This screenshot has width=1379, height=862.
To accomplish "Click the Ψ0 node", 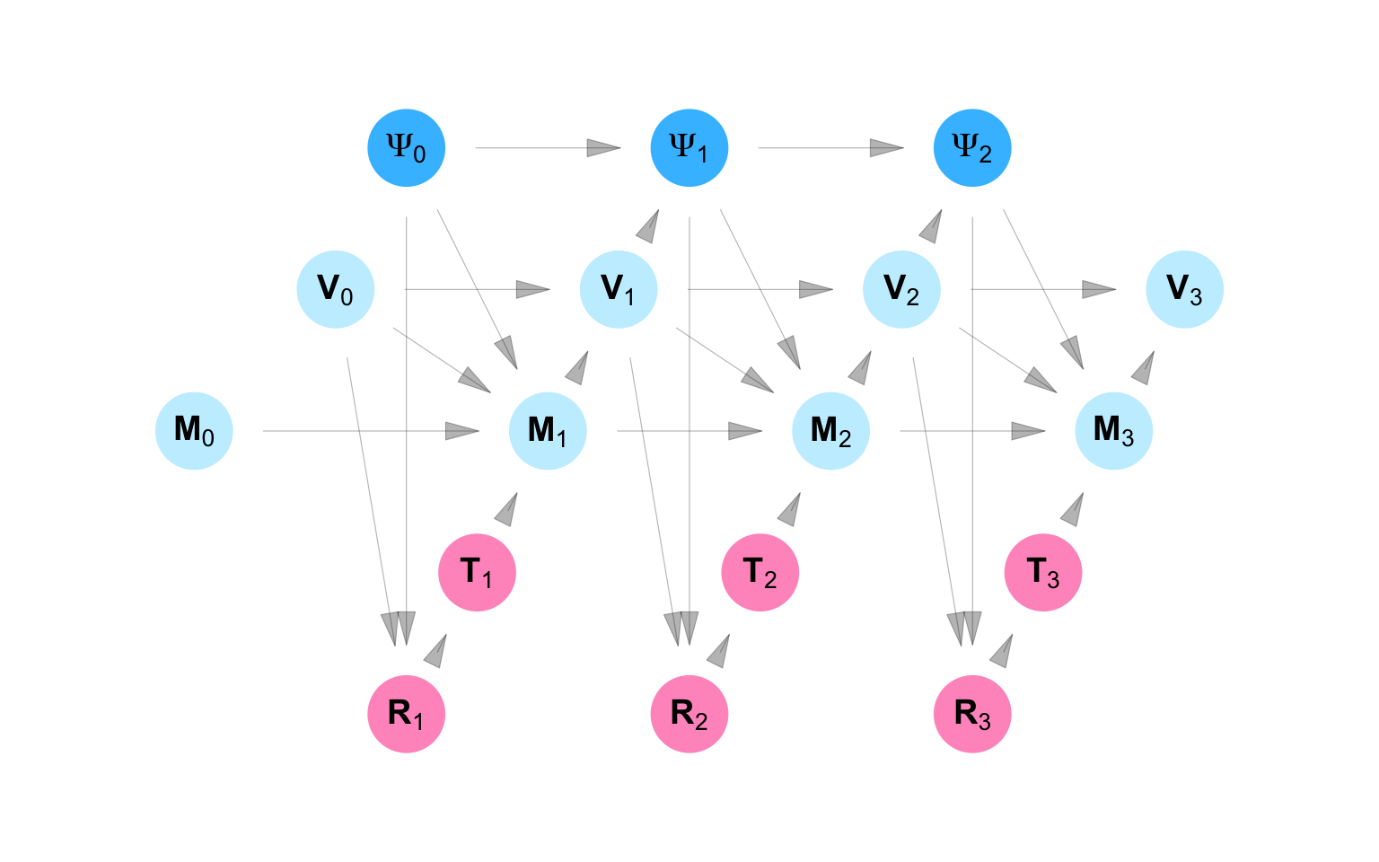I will [x=407, y=148].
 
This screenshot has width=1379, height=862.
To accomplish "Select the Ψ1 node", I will [x=689, y=148].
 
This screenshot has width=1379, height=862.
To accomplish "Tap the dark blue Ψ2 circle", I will [x=972, y=148].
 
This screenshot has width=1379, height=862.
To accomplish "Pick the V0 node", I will [x=336, y=289].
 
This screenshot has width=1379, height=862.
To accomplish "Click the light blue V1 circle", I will [x=619, y=289].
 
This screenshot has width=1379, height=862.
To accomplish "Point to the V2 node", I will [x=901, y=289].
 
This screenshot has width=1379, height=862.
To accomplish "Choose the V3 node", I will [x=1185, y=289].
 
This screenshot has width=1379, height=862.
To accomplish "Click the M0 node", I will [x=194, y=431].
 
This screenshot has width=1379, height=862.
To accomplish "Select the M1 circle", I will [x=548, y=431].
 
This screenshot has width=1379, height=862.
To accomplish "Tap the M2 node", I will [x=830, y=431].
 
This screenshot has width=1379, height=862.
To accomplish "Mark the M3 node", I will [x=1114, y=431].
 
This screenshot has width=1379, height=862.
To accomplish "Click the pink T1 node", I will [x=477, y=572].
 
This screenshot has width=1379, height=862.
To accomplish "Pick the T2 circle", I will [x=760, y=572].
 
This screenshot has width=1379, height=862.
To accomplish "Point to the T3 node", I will [x=1043, y=572].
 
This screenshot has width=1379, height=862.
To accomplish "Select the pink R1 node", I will [x=407, y=714].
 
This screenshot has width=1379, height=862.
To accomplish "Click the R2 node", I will [x=689, y=714].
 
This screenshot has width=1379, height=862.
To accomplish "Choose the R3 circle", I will [x=972, y=714].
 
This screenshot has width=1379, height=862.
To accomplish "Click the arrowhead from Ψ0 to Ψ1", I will [x=604, y=148].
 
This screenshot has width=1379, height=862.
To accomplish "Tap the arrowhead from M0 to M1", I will [x=462, y=431].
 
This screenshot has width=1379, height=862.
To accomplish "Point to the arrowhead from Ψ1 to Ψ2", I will [x=887, y=148].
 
